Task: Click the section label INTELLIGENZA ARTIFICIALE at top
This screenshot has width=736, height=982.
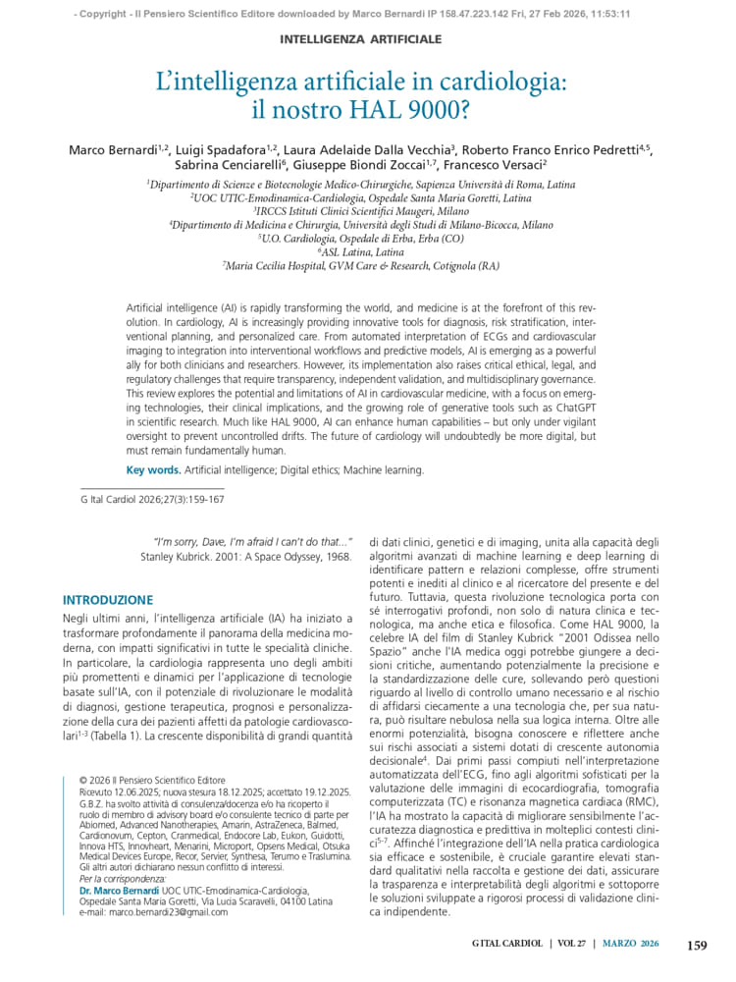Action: pos(361,39)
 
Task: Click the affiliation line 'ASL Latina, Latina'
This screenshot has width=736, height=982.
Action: pos(361,252)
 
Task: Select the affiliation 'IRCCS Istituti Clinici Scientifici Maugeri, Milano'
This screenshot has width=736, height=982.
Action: pos(361,211)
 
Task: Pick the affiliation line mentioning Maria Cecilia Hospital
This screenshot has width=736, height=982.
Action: pos(361,266)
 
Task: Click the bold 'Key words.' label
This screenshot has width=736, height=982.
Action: pos(153,470)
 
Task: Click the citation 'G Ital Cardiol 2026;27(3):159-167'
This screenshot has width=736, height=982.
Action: pos(151,499)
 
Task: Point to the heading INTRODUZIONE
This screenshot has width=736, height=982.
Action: pos(108,600)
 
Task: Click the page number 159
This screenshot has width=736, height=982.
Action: pos(696,946)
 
